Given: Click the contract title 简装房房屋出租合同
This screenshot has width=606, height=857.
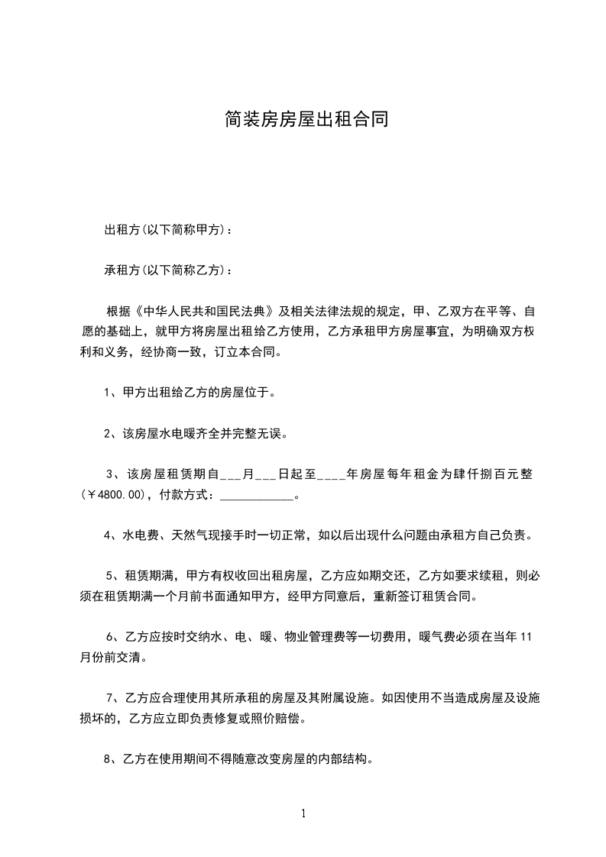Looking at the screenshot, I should (x=303, y=120).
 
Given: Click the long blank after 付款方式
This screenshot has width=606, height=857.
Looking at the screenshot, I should (x=256, y=495).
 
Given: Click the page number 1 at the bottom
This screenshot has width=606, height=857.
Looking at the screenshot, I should (x=303, y=813).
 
